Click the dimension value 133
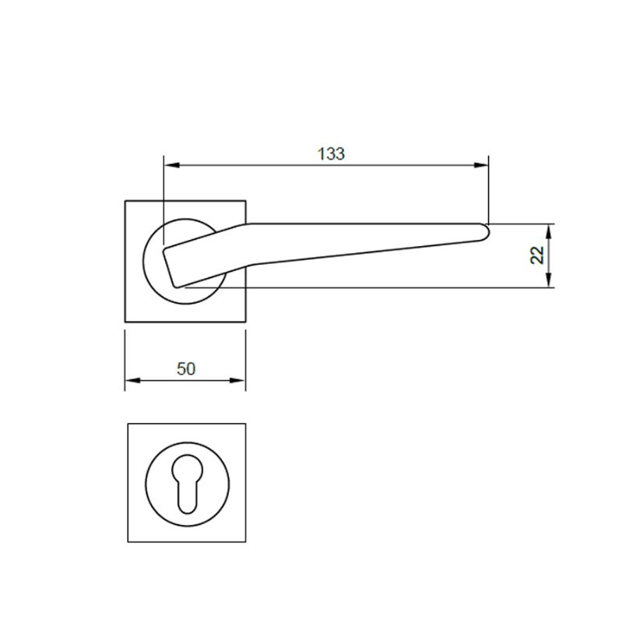pyautogui.click(x=331, y=153)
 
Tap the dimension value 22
pyautogui.click(x=537, y=255)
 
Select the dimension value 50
pyautogui.click(x=185, y=368)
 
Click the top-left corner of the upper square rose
pyautogui.click(x=125, y=201)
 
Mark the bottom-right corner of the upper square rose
pyautogui.click(x=246, y=321)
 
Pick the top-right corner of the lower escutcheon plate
pyautogui.click(x=246, y=424)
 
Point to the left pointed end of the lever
pyautogui.click(x=164, y=252)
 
